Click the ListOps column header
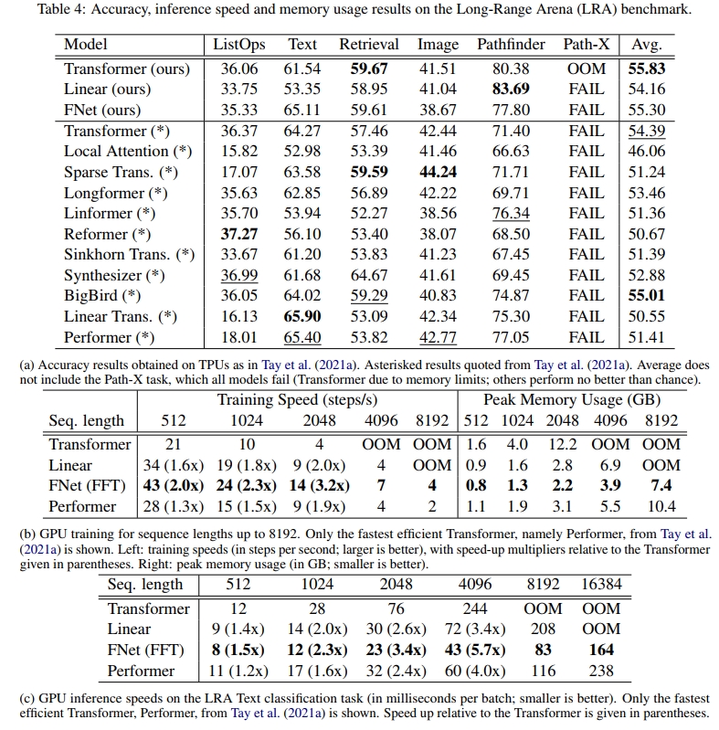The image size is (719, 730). click(238, 45)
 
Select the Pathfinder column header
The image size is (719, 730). click(511, 45)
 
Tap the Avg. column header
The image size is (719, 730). click(646, 45)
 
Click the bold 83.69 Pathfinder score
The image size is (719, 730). click(511, 90)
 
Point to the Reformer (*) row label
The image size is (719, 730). click(109, 234)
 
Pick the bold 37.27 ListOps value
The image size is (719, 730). click(238, 234)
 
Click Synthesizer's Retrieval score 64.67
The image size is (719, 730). click(369, 275)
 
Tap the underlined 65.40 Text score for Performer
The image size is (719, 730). click(302, 337)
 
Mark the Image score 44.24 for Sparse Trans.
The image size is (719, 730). click(439, 172)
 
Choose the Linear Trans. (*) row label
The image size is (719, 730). click(121, 316)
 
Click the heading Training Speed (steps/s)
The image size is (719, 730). click(298, 399)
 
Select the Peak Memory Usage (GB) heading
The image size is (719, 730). click(571, 399)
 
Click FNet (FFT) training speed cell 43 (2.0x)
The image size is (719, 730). click(174, 486)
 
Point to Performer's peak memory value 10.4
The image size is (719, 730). click(661, 506)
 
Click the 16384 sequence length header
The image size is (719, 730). click(601, 586)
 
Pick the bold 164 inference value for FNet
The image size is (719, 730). click(601, 651)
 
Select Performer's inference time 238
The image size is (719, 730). click(601, 671)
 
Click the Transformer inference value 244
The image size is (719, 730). click(474, 608)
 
